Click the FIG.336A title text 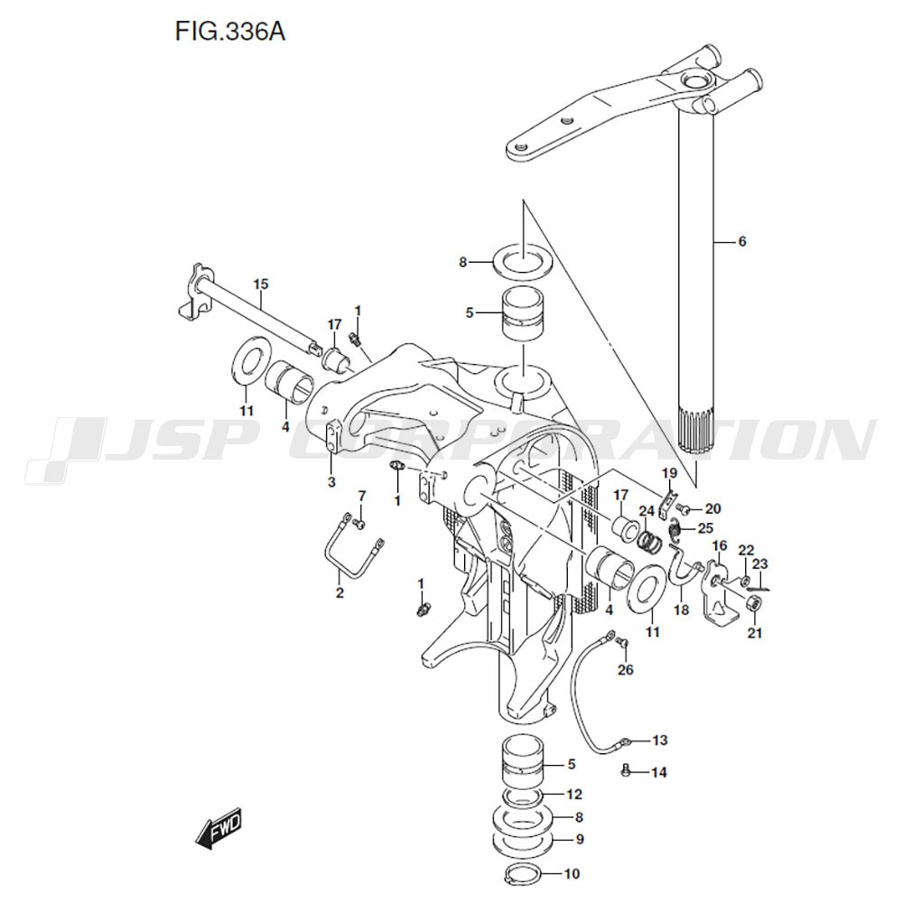tap(229, 32)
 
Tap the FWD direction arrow tap(219, 828)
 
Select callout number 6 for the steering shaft tap(741, 241)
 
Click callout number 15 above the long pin tap(261, 284)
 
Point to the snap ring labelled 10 tap(522, 873)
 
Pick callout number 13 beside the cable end tap(660, 740)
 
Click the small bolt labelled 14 tap(627, 772)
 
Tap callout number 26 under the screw tap(626, 669)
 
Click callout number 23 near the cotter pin tap(760, 563)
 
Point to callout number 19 tap(669, 473)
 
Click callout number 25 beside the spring tap(705, 528)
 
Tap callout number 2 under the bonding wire tap(340, 592)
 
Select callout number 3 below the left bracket tap(331, 481)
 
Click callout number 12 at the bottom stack tap(574, 794)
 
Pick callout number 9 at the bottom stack tap(580, 839)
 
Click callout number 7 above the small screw tap(362, 495)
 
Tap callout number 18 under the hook tap(681, 610)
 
